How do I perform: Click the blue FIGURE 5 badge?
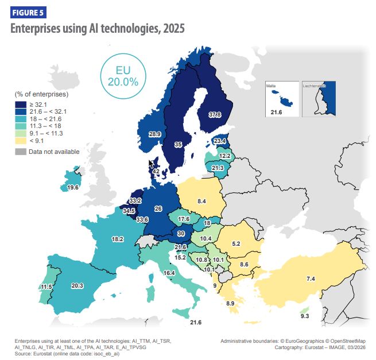pyautogui.click(x=28, y=11)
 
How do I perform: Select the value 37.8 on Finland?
pyautogui.click(x=215, y=115)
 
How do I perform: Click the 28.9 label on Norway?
pyautogui.click(x=154, y=134)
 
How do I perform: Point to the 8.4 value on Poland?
pyautogui.click(x=201, y=201)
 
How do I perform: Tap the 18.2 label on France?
pyautogui.click(x=118, y=239)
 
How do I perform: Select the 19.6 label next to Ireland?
pyautogui.click(x=72, y=187)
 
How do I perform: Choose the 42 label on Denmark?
pyautogui.click(x=156, y=171)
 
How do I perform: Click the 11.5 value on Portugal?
pyautogui.click(x=30, y=287)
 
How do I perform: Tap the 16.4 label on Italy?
pyautogui.click(x=169, y=273)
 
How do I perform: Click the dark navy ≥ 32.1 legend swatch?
pyautogui.click(x=21, y=103)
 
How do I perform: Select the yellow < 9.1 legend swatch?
pyautogui.click(x=21, y=140)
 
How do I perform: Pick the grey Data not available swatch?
pyautogui.click(x=21, y=152)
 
